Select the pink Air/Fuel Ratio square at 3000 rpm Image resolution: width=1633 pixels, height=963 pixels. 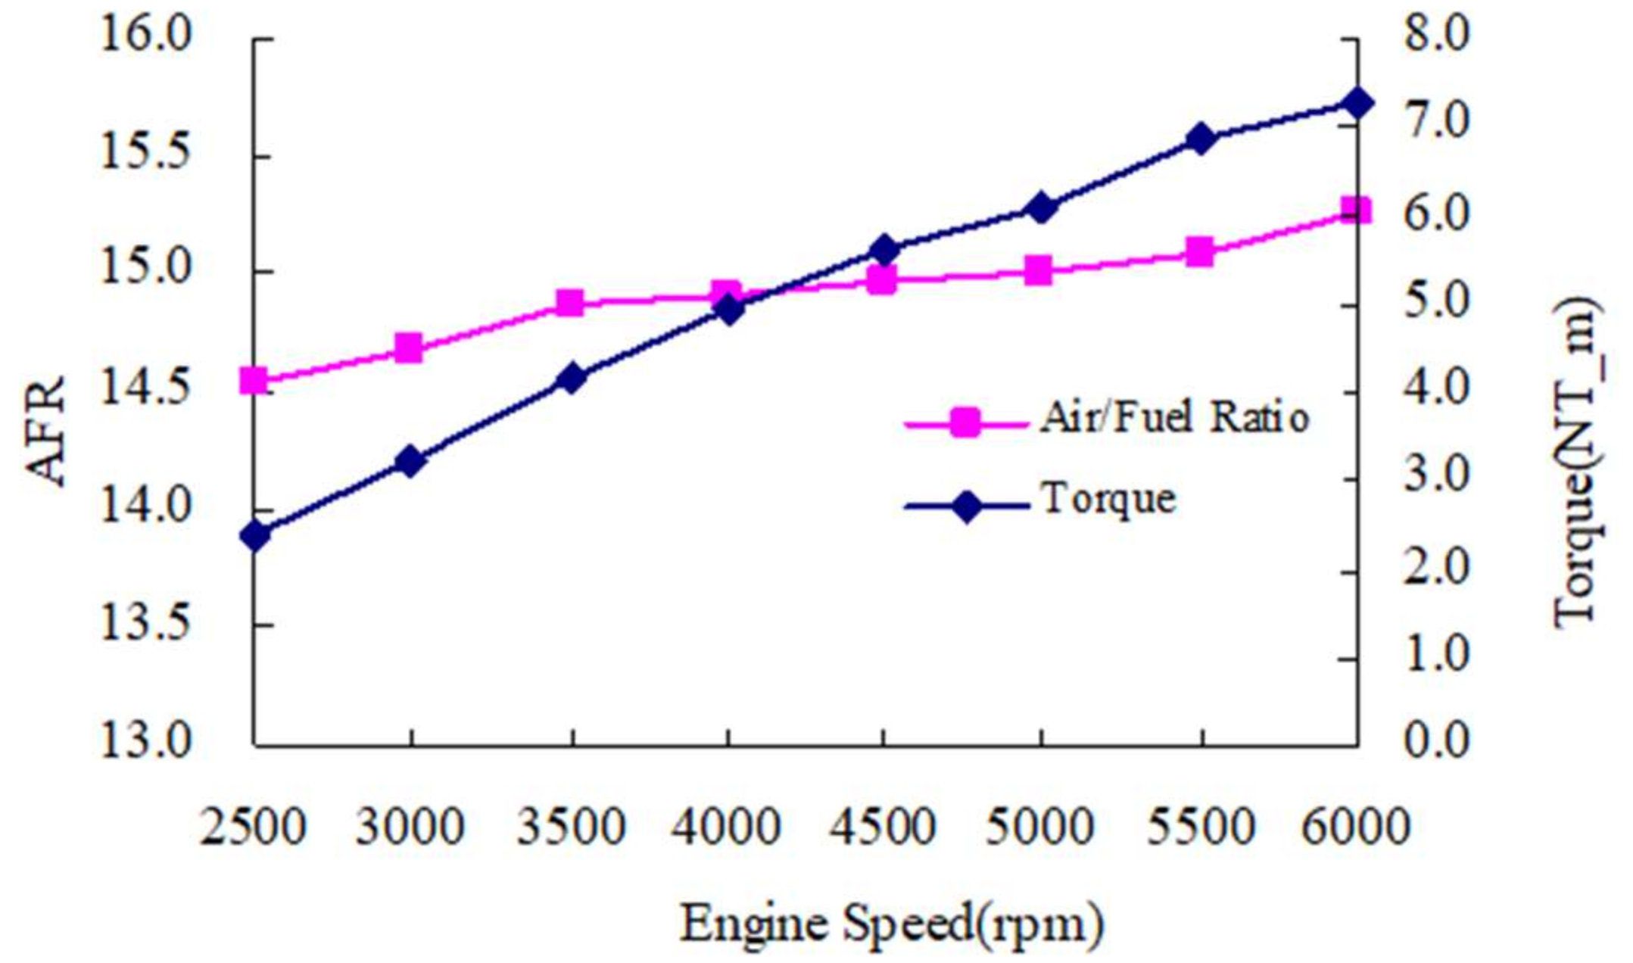[409, 348]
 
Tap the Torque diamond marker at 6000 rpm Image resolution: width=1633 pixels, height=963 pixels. [1356, 103]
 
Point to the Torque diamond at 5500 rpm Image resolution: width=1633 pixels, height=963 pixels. [1200, 139]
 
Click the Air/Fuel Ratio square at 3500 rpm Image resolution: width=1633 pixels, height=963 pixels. [570, 303]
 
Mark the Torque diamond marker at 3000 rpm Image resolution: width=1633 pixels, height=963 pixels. [411, 461]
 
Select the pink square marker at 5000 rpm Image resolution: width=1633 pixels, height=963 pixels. [1039, 270]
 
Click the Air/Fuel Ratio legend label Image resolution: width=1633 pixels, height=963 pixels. [1174, 418]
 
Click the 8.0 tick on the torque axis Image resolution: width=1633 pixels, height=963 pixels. [1435, 36]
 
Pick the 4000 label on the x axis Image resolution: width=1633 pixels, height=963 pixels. [725, 827]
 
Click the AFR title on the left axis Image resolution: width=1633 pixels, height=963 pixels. [47, 432]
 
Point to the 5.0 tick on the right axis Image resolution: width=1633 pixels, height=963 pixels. [1435, 303]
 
